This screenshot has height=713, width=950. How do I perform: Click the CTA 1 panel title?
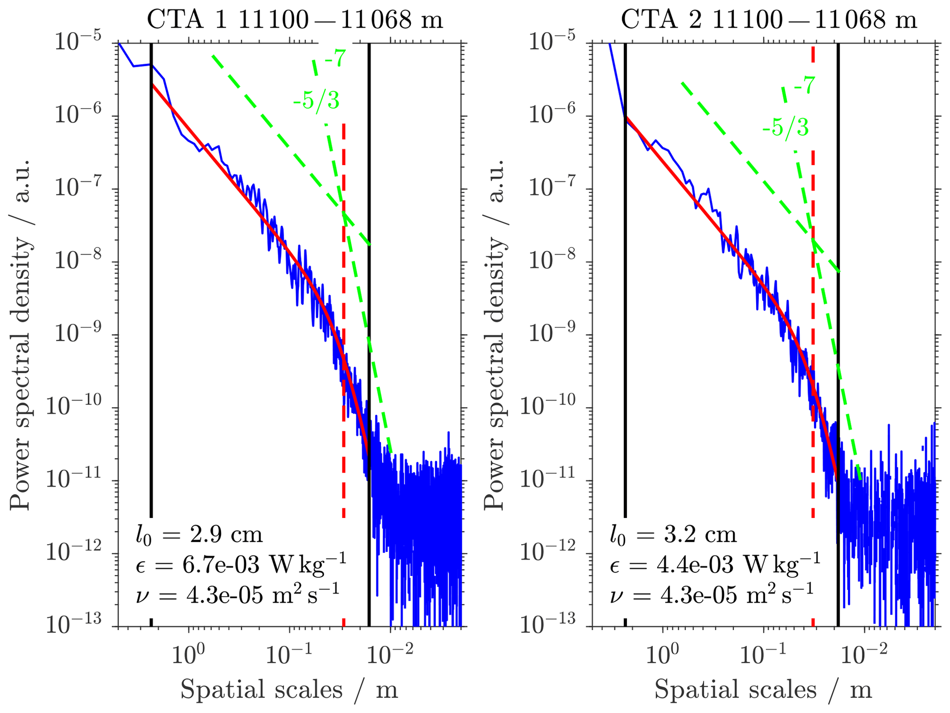click(x=295, y=20)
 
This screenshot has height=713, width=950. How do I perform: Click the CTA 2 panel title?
click(x=768, y=20)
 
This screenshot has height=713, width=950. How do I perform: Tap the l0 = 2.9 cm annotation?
click(x=199, y=535)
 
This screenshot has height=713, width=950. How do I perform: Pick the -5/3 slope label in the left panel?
click(x=316, y=100)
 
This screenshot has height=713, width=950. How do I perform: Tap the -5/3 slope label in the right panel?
click(x=785, y=127)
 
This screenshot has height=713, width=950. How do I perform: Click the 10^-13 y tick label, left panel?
click(x=74, y=625)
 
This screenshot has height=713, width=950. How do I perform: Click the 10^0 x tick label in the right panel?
click(x=662, y=654)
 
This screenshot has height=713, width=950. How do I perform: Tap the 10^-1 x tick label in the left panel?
click(x=289, y=654)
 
